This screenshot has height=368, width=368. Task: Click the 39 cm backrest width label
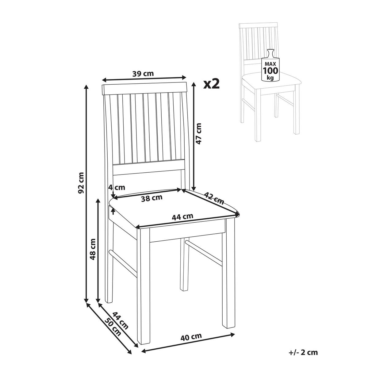(143, 74)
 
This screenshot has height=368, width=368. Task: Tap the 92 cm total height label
(81, 182)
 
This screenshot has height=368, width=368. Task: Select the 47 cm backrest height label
(199, 134)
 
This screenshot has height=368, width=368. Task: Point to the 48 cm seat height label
(93, 249)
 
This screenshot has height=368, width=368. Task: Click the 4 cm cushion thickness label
(117, 187)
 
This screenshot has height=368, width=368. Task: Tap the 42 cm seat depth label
(214, 198)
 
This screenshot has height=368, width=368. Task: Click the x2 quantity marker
(211, 84)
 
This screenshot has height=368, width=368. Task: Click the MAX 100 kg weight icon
(270, 65)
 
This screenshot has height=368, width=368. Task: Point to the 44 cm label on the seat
(182, 217)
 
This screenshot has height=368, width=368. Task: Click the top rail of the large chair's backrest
(144, 89)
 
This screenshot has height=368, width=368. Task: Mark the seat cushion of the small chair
(271, 80)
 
